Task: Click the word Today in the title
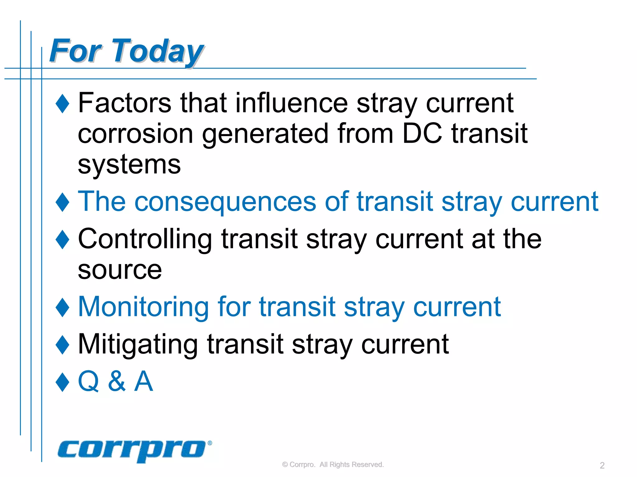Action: click(158, 51)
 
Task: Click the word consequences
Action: click(225, 202)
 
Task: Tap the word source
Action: click(120, 270)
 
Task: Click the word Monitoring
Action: click(143, 307)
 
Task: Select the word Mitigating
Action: click(138, 344)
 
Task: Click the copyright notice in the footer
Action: click(333, 465)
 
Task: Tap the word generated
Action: click(265, 134)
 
